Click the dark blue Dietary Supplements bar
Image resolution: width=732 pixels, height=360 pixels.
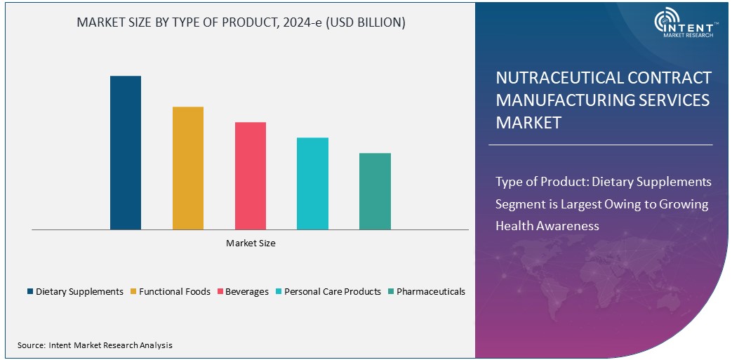click(126, 152)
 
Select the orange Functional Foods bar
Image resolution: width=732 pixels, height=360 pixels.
click(188, 168)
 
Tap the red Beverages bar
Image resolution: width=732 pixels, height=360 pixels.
click(251, 175)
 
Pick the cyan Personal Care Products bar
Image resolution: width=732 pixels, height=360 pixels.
click(312, 183)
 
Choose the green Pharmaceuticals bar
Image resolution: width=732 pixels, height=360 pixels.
click(375, 191)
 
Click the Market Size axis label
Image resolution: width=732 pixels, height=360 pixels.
click(251, 244)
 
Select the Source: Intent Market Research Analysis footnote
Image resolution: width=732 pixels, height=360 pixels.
click(95, 345)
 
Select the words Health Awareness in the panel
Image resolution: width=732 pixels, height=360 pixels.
click(547, 225)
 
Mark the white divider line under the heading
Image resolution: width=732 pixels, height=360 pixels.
click(600, 145)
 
